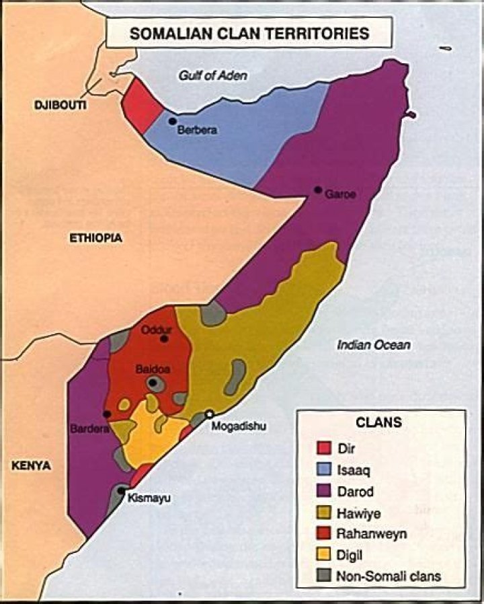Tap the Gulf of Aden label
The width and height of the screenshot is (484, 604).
pos(212,75)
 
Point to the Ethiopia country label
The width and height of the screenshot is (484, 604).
pos(96,237)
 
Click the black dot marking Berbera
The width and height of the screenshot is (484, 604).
pos(173,121)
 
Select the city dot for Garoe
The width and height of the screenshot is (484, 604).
pos(318,190)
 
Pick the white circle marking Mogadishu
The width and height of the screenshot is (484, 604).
pos(210,414)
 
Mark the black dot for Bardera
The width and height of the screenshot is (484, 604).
pos(107,414)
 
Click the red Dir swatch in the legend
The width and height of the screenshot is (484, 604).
pos(323,447)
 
